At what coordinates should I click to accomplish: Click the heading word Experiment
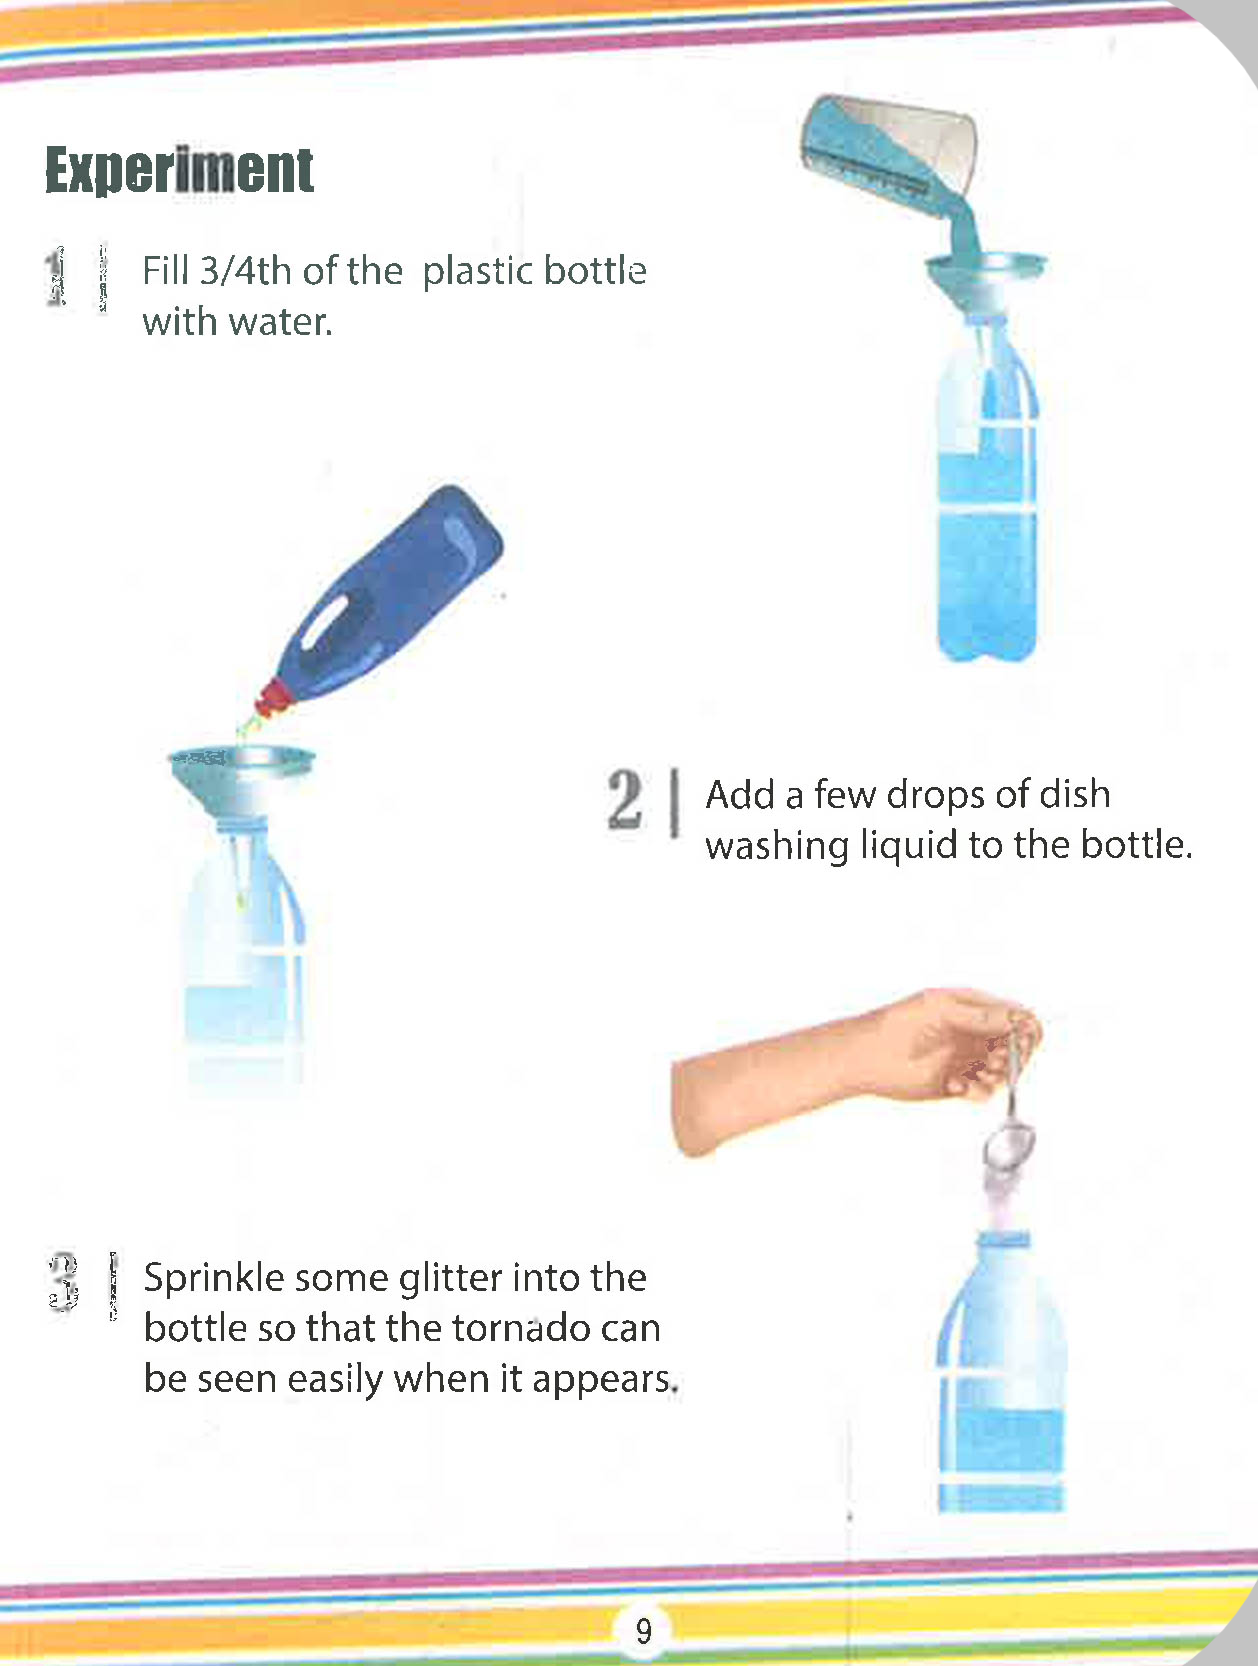tap(179, 170)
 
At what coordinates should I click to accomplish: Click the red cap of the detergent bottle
tap(275, 698)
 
